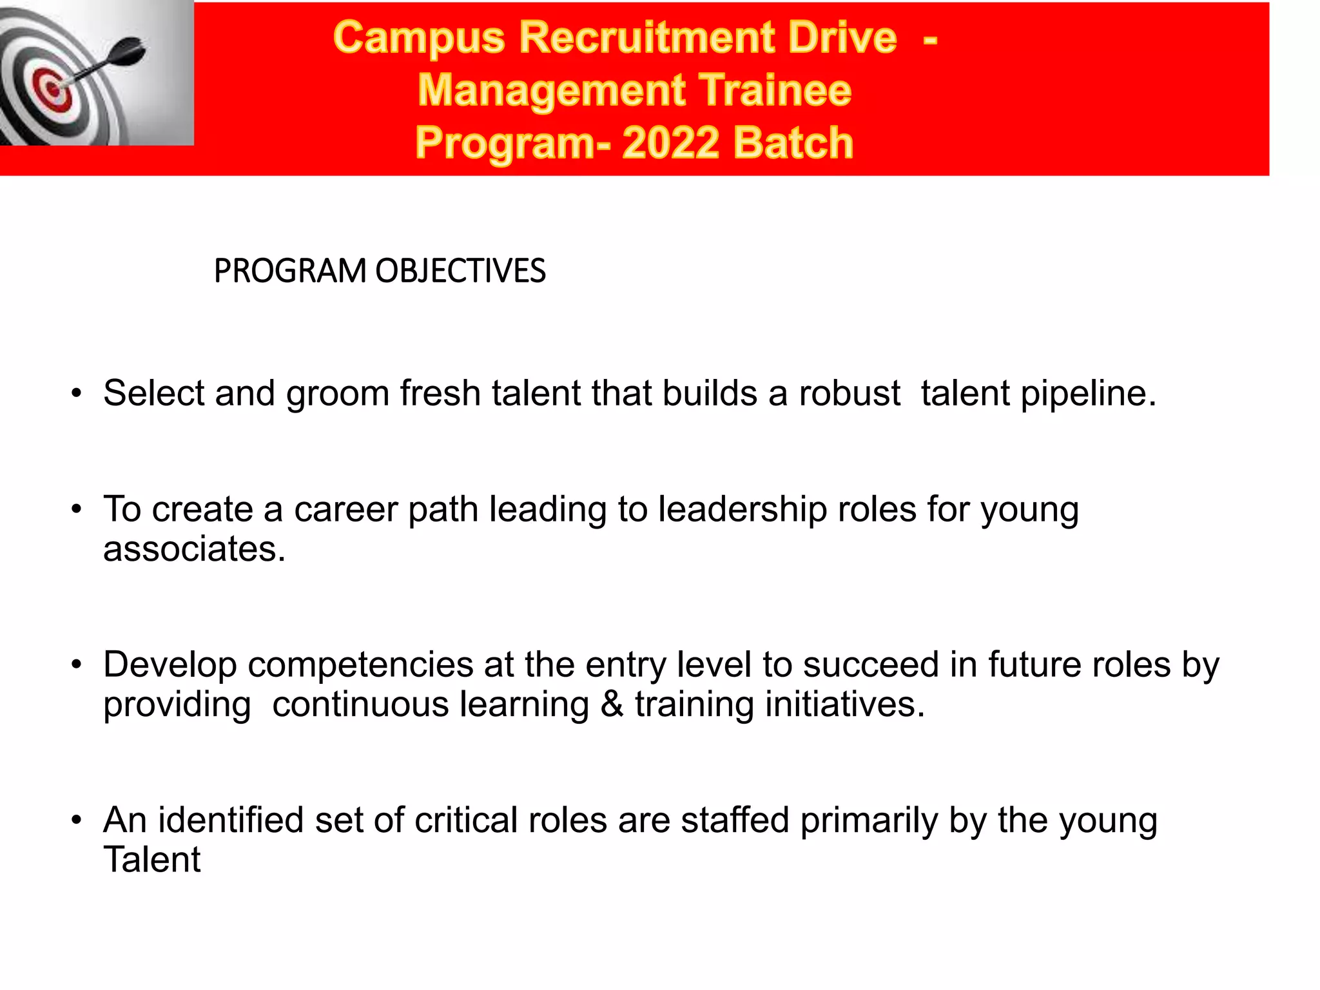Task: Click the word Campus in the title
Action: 419,37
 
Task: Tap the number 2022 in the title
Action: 670,142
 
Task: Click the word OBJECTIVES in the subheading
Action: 460,271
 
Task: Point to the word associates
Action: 194,549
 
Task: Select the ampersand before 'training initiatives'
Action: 612,704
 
